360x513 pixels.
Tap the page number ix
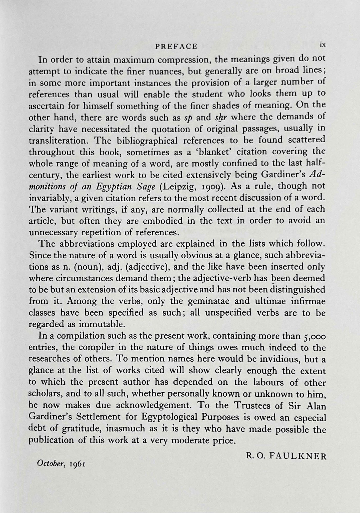(x=323, y=44)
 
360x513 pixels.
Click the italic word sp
(x=188, y=118)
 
